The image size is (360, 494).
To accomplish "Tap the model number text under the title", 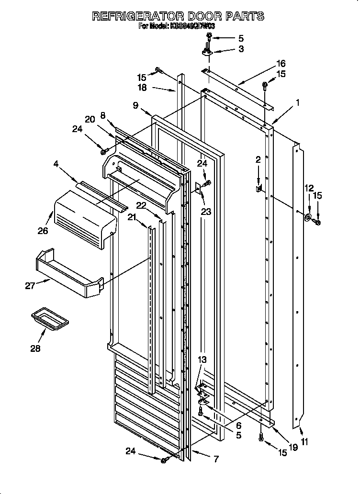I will point(177,27).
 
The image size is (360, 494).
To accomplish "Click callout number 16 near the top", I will point(281,63).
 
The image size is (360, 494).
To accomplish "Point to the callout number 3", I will point(241,49).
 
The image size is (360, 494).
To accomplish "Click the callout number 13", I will point(203,360).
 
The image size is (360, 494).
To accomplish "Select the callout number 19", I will point(294,448).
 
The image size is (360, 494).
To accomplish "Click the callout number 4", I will point(56,164).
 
